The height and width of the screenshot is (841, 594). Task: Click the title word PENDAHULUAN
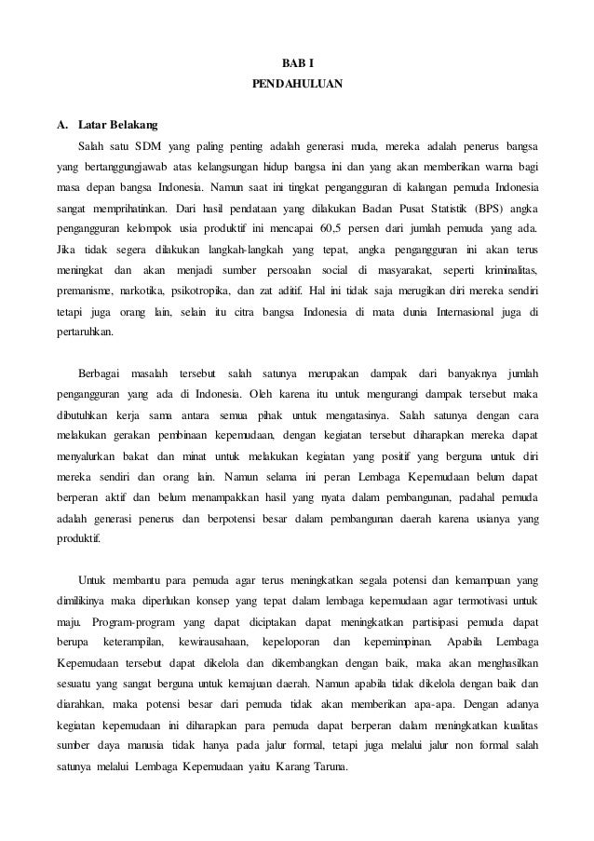297,85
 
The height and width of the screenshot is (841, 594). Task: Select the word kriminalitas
504,270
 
